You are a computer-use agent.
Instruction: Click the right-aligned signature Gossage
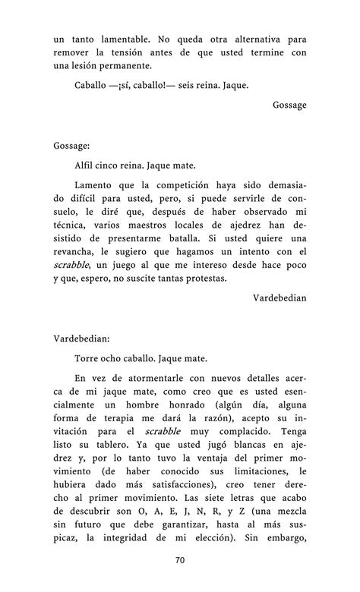click(x=289, y=105)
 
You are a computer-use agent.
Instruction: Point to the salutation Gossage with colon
click(x=72, y=144)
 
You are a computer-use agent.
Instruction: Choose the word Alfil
click(x=87, y=164)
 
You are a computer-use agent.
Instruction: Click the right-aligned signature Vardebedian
click(x=279, y=298)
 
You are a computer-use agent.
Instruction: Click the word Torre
click(x=89, y=357)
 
